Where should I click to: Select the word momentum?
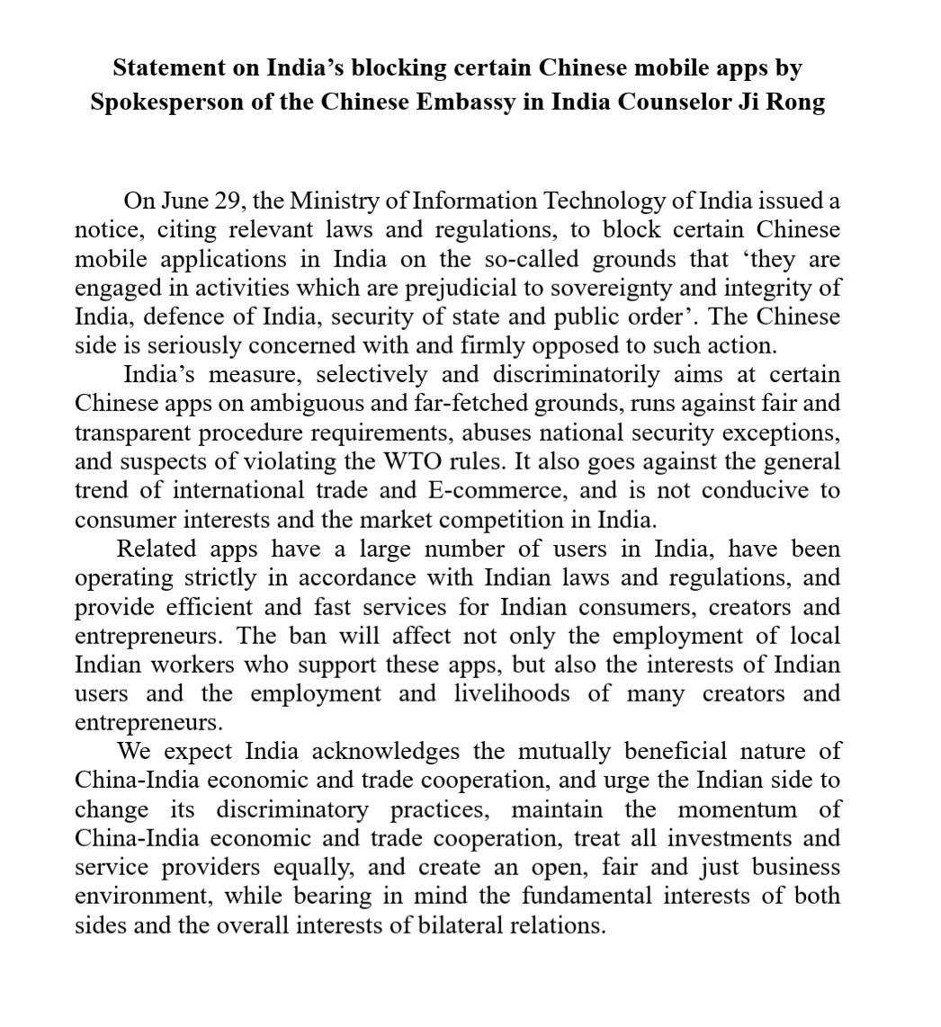point(737,808)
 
